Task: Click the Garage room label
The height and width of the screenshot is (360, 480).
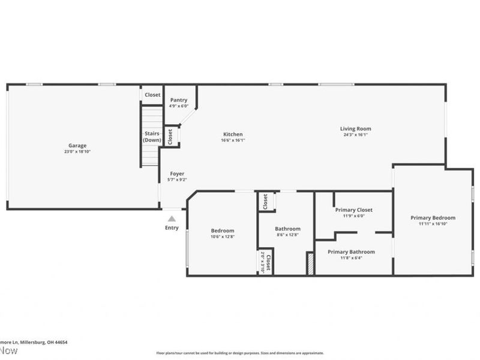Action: (x=77, y=145)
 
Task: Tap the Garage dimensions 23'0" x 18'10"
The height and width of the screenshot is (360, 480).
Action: (x=77, y=152)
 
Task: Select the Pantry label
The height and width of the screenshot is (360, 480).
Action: (x=179, y=100)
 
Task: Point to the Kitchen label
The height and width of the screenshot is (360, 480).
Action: (x=233, y=134)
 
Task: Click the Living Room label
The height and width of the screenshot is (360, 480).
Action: (x=355, y=128)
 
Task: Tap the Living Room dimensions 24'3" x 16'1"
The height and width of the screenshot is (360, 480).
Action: (x=355, y=135)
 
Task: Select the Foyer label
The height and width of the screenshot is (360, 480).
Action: (x=177, y=173)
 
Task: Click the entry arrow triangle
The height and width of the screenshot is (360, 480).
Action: (x=172, y=219)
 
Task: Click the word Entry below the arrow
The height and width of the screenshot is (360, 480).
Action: (x=172, y=228)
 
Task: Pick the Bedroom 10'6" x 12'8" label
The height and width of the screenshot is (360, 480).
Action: (x=222, y=230)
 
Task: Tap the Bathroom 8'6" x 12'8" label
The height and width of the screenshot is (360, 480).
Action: (x=287, y=229)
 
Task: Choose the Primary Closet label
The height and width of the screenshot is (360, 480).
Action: (x=353, y=210)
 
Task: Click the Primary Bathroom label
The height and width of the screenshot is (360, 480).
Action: (x=351, y=252)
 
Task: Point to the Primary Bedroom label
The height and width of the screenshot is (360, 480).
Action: (x=433, y=218)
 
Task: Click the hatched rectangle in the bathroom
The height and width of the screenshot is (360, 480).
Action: (x=310, y=264)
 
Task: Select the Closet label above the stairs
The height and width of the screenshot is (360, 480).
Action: (x=152, y=95)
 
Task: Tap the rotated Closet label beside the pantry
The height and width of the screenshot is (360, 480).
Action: (x=170, y=136)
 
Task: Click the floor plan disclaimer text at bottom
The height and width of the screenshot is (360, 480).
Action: (x=240, y=353)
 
